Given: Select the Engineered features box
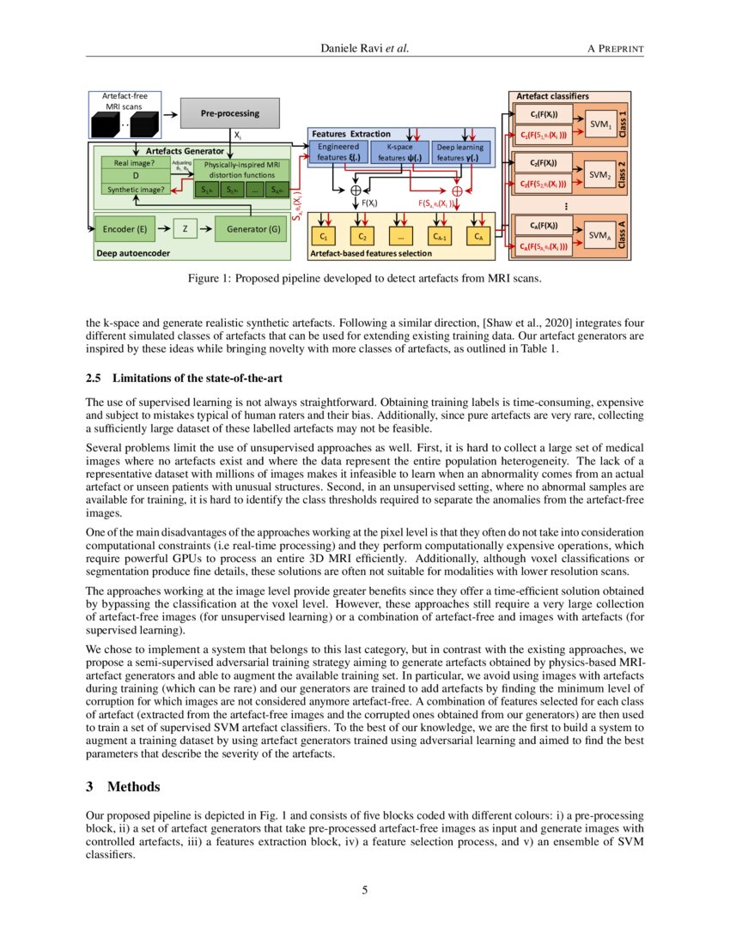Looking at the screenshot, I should tap(338, 152).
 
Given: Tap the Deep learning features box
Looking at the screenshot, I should tap(461, 152).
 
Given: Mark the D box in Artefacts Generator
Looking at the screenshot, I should tap(136, 175).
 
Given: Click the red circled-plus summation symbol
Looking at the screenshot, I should tap(457, 191).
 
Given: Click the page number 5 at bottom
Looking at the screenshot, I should tap(365, 890).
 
